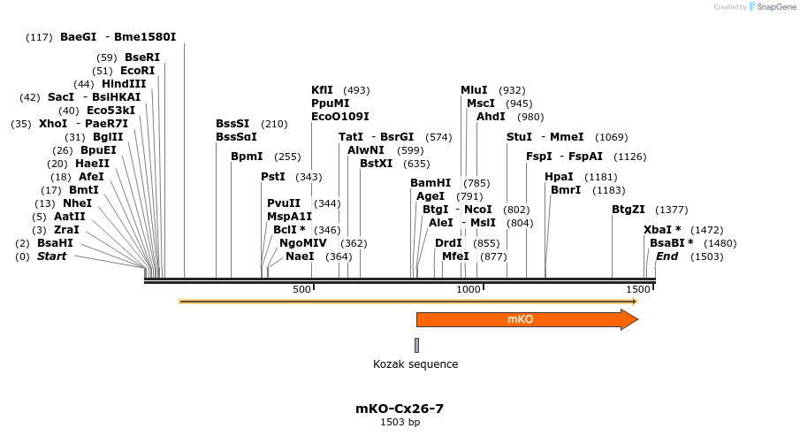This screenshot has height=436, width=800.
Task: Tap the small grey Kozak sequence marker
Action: pos(416,345)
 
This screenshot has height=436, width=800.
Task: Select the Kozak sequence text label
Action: pos(415,364)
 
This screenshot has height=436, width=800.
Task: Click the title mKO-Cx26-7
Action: pos(400,409)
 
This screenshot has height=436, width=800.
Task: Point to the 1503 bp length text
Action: pos(400,423)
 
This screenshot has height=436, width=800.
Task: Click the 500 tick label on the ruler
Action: pos(301,289)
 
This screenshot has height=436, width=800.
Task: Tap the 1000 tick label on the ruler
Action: pos(468,289)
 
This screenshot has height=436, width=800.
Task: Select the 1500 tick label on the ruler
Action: pos(637,289)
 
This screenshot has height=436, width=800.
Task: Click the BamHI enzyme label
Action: pos(430,183)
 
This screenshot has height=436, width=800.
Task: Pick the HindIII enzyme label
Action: pos(124,84)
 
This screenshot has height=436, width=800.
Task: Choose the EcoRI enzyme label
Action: pos(137,71)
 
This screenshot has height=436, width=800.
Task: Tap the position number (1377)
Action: pos(671,210)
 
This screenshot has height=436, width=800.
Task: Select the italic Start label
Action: pos(51,256)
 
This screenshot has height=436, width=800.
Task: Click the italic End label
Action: pos(667,256)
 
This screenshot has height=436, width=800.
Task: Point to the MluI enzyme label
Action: pos(474,90)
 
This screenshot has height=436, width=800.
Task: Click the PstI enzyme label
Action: pos(273,177)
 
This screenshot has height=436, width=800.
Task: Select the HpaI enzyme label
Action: pos(559,177)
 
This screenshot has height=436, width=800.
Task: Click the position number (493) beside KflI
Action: pos(356,90)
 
